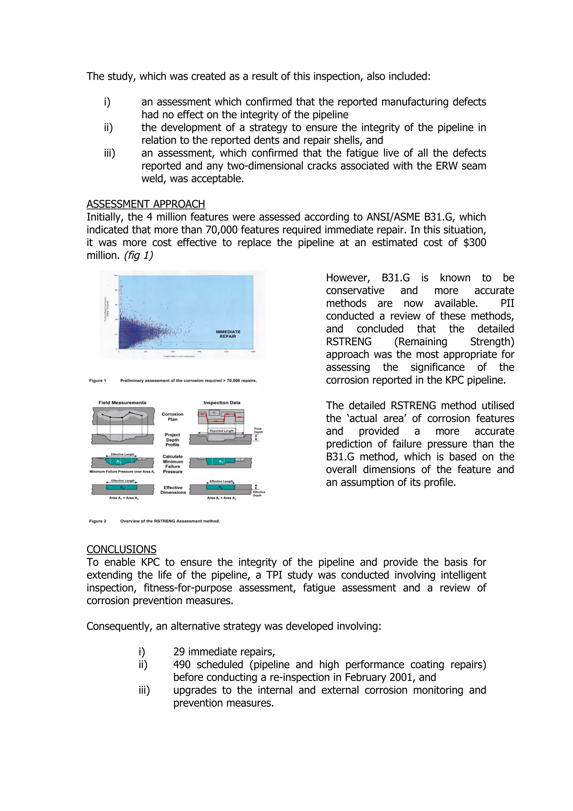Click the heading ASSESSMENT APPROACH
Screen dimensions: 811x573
[x=145, y=204]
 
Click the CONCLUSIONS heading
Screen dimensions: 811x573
[x=121, y=549]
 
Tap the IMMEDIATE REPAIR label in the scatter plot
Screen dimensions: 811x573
[x=228, y=334]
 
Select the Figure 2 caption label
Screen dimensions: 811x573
[x=97, y=521]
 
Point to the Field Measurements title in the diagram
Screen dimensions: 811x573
[x=122, y=403]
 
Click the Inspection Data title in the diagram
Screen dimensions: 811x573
[x=222, y=403]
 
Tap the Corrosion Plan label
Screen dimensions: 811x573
[x=172, y=417]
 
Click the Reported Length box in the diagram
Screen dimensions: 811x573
[x=221, y=431]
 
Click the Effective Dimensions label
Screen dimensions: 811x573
[x=173, y=490]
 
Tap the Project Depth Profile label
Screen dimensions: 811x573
[x=172, y=440]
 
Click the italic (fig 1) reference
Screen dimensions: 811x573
[x=138, y=256]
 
